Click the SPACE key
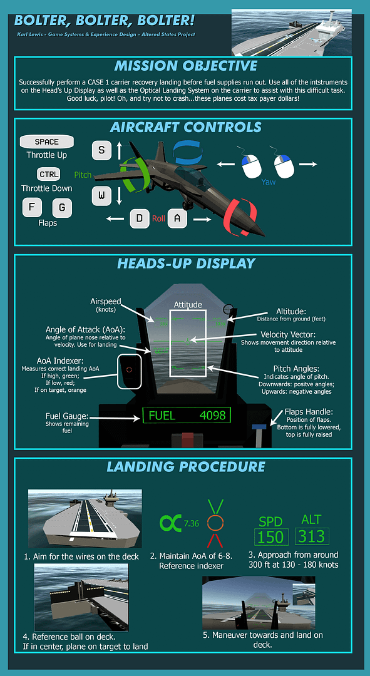pos(46,142)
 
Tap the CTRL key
pos(48,175)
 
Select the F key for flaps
pos(32,208)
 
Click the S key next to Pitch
pos(102,150)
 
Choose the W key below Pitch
pos(102,196)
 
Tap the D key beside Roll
pos(139,218)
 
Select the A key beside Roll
pos(177,218)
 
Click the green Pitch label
pos(83,175)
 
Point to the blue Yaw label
pos(268,182)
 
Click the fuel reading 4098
pos(213,416)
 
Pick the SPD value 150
pos(271,537)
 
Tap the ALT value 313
pos(311,536)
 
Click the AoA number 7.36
pos(191,524)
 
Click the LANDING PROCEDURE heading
pos(185,466)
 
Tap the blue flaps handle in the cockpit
pos(259,427)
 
